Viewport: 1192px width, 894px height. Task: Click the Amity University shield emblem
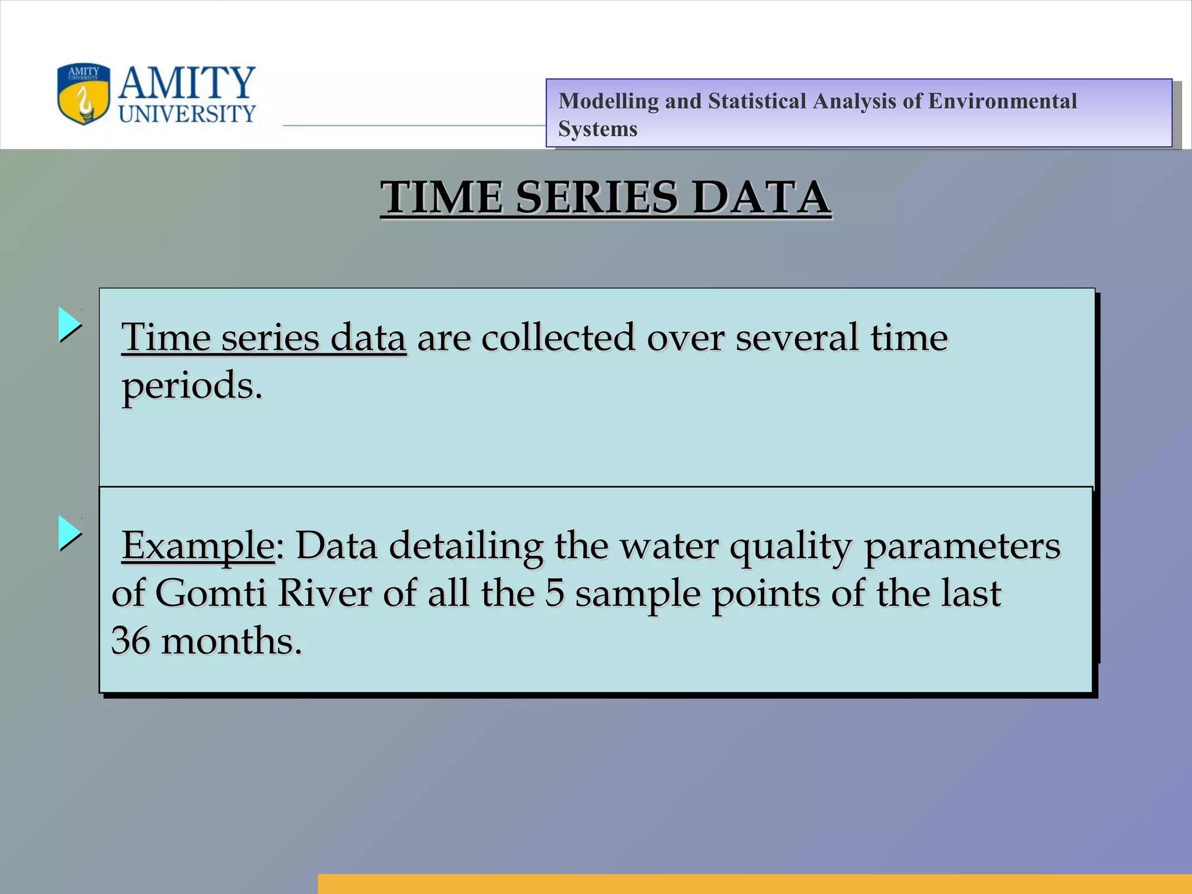coord(83,94)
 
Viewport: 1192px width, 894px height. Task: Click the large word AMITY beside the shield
coord(187,82)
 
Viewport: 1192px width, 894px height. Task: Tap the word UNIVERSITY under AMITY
coord(187,113)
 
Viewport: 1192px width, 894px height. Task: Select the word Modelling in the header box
coord(608,101)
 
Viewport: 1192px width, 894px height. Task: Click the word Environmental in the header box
coord(1002,101)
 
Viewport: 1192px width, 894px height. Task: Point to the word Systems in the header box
coord(598,129)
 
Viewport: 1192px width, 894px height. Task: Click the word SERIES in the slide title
coord(597,197)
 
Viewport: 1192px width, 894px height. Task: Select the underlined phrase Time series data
coord(263,338)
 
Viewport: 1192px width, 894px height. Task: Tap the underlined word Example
coord(198,546)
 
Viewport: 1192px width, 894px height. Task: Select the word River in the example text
coord(324,594)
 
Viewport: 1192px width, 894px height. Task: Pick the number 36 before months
coord(130,641)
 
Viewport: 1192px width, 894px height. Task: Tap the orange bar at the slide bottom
coord(754,884)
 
